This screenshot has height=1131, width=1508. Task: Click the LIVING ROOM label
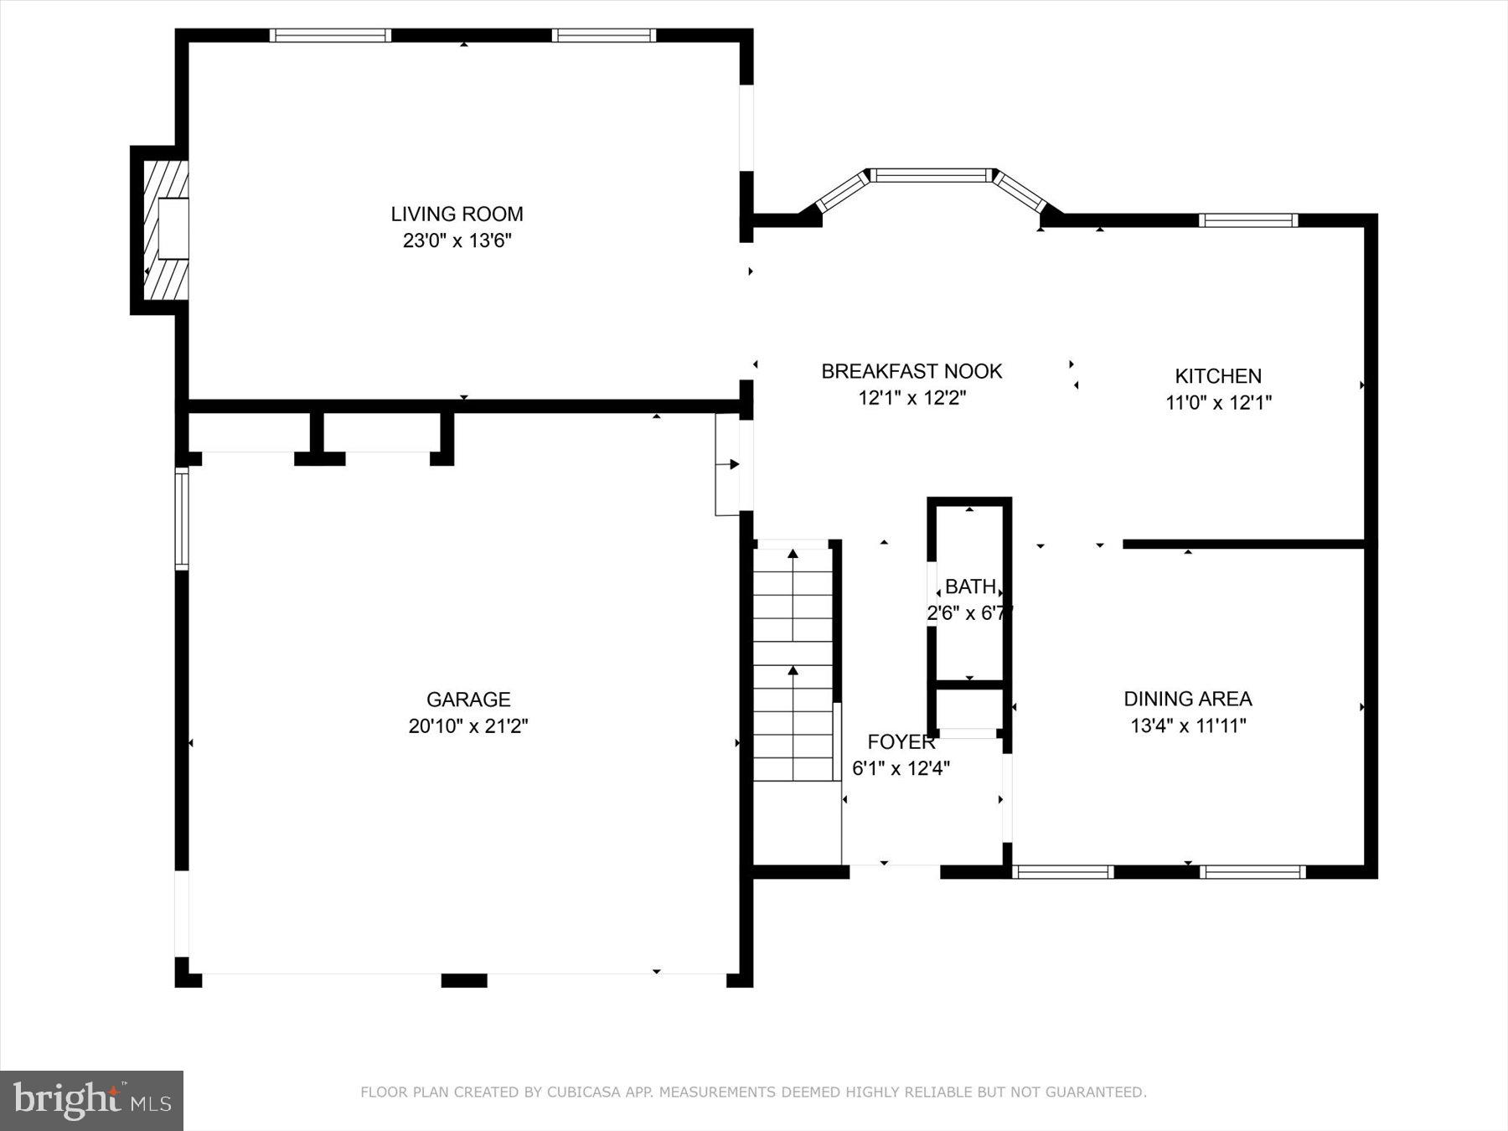click(x=457, y=214)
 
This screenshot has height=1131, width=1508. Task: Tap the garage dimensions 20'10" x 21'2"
click(x=467, y=726)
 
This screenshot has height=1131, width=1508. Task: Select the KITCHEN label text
click(x=1217, y=376)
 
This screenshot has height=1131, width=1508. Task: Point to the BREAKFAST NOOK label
click(x=912, y=371)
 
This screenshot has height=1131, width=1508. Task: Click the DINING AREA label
click(x=1187, y=699)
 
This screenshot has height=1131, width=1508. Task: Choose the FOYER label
click(x=901, y=741)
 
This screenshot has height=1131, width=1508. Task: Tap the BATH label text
click(x=970, y=586)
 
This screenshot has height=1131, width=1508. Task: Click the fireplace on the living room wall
click(x=166, y=229)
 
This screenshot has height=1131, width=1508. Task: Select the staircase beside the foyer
click(x=793, y=662)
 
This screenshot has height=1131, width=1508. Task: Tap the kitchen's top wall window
click(x=1247, y=220)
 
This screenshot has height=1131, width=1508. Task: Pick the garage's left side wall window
click(x=181, y=519)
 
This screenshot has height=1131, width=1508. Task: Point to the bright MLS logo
click(x=91, y=1100)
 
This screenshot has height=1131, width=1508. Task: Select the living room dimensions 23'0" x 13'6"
click(x=457, y=241)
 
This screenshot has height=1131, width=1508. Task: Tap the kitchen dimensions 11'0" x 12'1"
click(x=1218, y=403)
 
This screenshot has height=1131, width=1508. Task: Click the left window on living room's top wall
click(x=330, y=35)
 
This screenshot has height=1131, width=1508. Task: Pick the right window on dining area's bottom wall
click(x=1252, y=872)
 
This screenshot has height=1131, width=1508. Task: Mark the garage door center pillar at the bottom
click(x=464, y=980)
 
